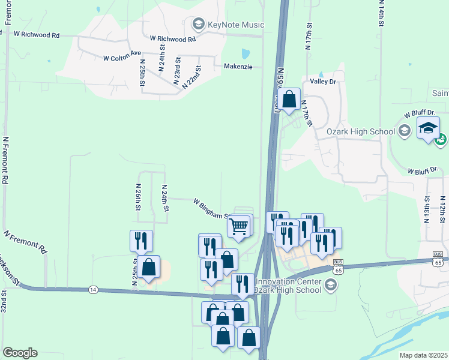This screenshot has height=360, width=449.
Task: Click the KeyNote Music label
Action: (x=235, y=25)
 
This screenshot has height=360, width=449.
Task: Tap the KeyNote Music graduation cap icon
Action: (x=198, y=25)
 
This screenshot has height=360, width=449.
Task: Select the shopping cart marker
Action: (x=239, y=227)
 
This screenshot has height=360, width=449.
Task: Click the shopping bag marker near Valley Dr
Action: (x=289, y=99)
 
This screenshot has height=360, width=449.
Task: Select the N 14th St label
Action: (x=381, y=13)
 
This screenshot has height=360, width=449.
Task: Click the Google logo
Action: (x=20, y=353)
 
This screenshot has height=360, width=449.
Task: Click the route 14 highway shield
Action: (x=92, y=289)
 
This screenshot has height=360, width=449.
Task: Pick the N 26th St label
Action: (x=137, y=197)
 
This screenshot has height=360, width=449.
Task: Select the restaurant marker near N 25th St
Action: (x=141, y=241)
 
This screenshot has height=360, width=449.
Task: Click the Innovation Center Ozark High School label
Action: (x=289, y=286)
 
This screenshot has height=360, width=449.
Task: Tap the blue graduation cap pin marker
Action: (x=429, y=128)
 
